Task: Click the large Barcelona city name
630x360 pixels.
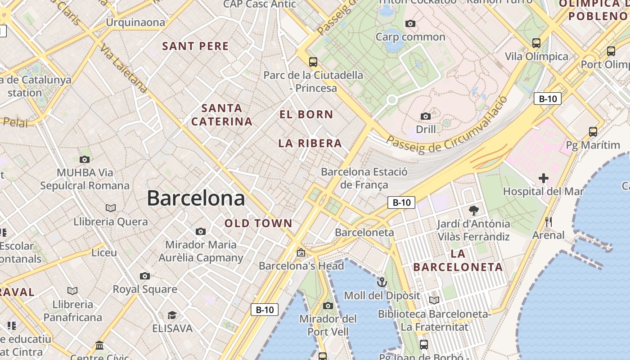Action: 196,198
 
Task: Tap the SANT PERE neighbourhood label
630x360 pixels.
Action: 195,46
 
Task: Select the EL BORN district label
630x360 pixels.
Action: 306,114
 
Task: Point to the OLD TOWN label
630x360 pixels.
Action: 258,223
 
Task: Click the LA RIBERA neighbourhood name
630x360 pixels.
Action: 310,144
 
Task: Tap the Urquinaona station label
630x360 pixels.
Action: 135,22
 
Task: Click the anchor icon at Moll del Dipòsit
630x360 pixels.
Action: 382,282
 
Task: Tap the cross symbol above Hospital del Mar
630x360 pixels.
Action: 544,178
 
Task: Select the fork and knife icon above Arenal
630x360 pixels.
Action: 548,222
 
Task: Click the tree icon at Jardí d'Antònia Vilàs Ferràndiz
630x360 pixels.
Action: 473,210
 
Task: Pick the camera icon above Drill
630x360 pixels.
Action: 426,116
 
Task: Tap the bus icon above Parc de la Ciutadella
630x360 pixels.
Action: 313,62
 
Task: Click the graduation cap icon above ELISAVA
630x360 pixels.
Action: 172,315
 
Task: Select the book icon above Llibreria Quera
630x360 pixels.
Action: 111,208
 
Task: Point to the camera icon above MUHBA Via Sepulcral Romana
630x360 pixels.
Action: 84,159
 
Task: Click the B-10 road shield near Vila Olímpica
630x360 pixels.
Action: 548,99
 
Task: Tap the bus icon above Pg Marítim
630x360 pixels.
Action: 593,132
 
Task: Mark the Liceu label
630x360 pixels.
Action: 104,252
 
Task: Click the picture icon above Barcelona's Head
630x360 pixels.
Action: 301,252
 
